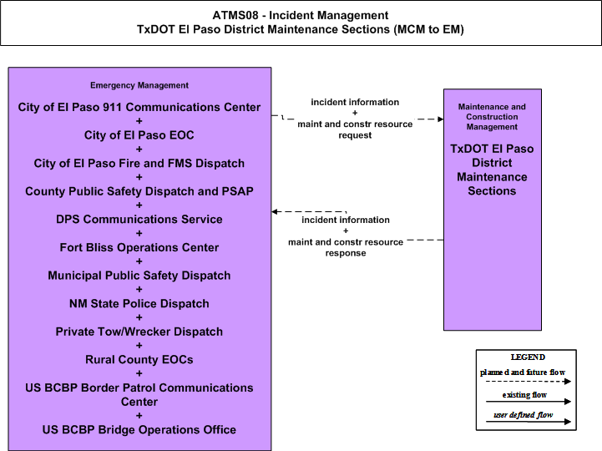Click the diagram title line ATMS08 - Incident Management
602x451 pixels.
[x=301, y=15]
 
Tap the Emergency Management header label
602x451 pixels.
[x=139, y=85]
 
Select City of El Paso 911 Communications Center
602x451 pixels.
[x=139, y=107]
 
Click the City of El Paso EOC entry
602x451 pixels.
[x=139, y=135]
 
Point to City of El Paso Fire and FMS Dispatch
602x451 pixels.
[x=139, y=163]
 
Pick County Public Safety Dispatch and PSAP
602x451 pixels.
[x=139, y=191]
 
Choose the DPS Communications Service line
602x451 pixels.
[x=139, y=220]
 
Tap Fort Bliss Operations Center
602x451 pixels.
[x=139, y=247]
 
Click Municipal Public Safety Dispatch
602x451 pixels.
[x=139, y=276]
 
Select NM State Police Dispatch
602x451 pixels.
[x=139, y=303]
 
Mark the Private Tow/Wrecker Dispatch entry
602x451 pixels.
[x=139, y=332]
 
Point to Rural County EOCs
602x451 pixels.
[x=139, y=360]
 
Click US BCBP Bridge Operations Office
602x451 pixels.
[x=139, y=430]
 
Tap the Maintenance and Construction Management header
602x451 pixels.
[x=492, y=117]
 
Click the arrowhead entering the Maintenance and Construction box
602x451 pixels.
[x=441, y=119]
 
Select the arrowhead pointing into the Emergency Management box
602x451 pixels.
[x=275, y=211]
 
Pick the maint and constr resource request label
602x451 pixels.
[x=355, y=129]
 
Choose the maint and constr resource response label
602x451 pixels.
[x=346, y=247]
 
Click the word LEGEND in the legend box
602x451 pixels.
[x=528, y=357]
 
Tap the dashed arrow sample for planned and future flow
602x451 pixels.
[x=529, y=382]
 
